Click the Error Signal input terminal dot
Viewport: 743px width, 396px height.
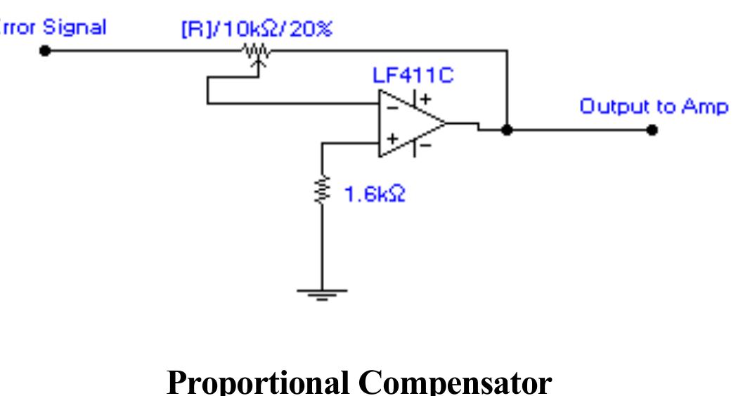45,51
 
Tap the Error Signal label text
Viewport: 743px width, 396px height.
53,27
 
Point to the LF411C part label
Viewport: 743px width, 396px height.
413,75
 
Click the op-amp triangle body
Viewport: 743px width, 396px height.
408,124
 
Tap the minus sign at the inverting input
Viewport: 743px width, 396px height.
392,107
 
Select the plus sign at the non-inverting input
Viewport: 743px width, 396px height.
392,139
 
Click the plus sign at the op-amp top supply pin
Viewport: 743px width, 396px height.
426,99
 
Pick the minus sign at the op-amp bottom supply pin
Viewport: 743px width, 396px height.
426,146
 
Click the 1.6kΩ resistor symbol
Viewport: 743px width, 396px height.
322,189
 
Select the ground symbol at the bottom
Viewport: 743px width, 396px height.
322,293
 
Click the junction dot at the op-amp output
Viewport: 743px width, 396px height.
507,130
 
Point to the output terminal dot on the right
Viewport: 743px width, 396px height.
652,130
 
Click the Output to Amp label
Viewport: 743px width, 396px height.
653,107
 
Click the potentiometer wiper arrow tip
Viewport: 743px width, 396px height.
258,60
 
